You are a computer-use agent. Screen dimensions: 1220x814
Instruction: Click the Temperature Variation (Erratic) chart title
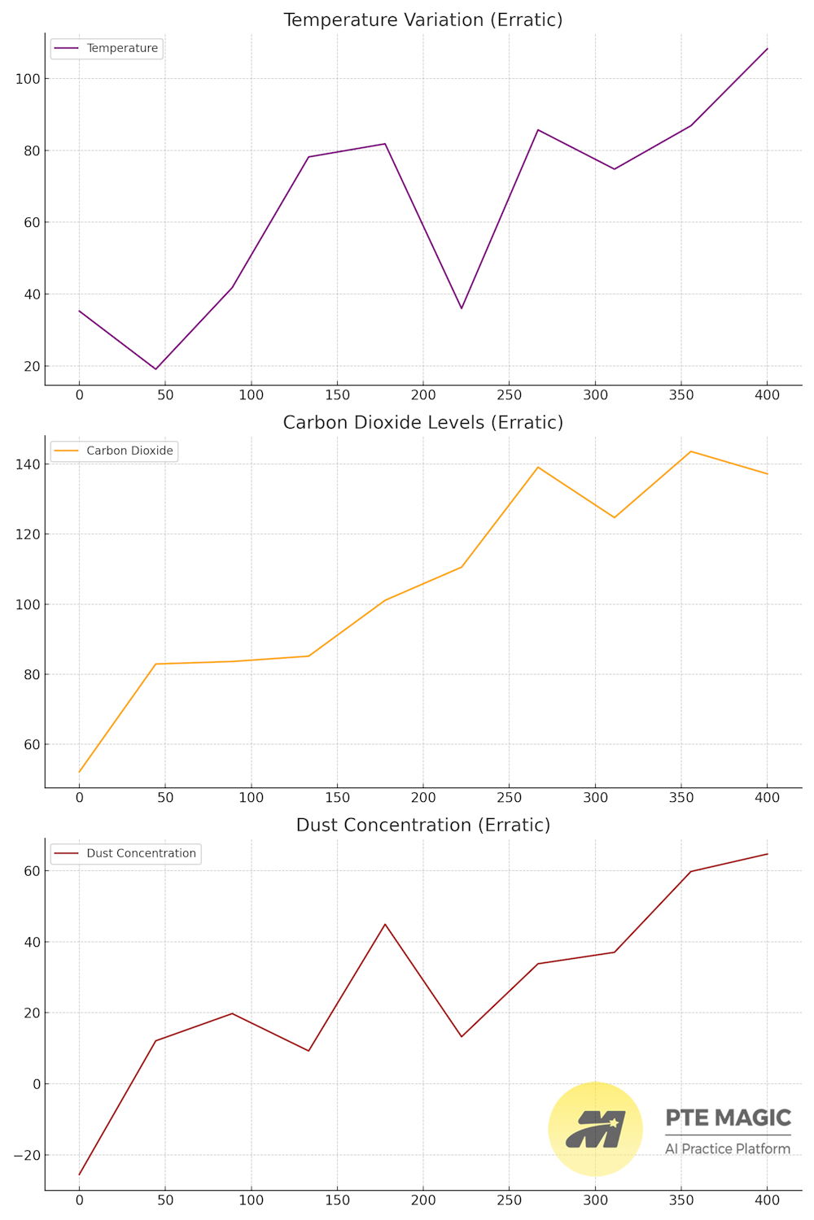click(422, 20)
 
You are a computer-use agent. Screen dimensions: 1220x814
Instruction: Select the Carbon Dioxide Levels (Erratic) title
click(422, 423)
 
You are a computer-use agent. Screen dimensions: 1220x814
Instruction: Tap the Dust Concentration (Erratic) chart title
click(422, 826)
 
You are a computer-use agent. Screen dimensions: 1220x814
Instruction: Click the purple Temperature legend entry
click(107, 49)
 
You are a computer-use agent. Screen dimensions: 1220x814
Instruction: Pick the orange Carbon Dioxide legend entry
click(114, 451)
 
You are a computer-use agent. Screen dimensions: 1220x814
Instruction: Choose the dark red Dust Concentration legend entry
click(125, 854)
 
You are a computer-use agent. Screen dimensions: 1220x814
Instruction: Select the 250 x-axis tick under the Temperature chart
click(509, 395)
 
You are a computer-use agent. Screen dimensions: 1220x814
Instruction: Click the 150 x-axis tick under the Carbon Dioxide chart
click(337, 798)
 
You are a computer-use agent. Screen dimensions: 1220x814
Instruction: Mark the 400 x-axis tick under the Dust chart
click(767, 1200)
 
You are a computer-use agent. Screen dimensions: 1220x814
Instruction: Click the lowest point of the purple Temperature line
click(155, 369)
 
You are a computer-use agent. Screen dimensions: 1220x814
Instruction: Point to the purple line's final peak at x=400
click(767, 49)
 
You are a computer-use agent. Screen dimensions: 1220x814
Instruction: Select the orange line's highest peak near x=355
click(690, 451)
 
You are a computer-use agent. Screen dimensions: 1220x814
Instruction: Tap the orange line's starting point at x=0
click(79, 772)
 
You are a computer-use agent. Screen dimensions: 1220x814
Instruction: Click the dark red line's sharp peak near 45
click(385, 924)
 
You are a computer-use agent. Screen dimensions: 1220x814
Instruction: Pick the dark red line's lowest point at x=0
click(79, 1174)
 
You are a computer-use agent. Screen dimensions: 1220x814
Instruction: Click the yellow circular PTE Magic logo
click(595, 1129)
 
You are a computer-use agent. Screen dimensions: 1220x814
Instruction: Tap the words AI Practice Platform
click(728, 1149)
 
